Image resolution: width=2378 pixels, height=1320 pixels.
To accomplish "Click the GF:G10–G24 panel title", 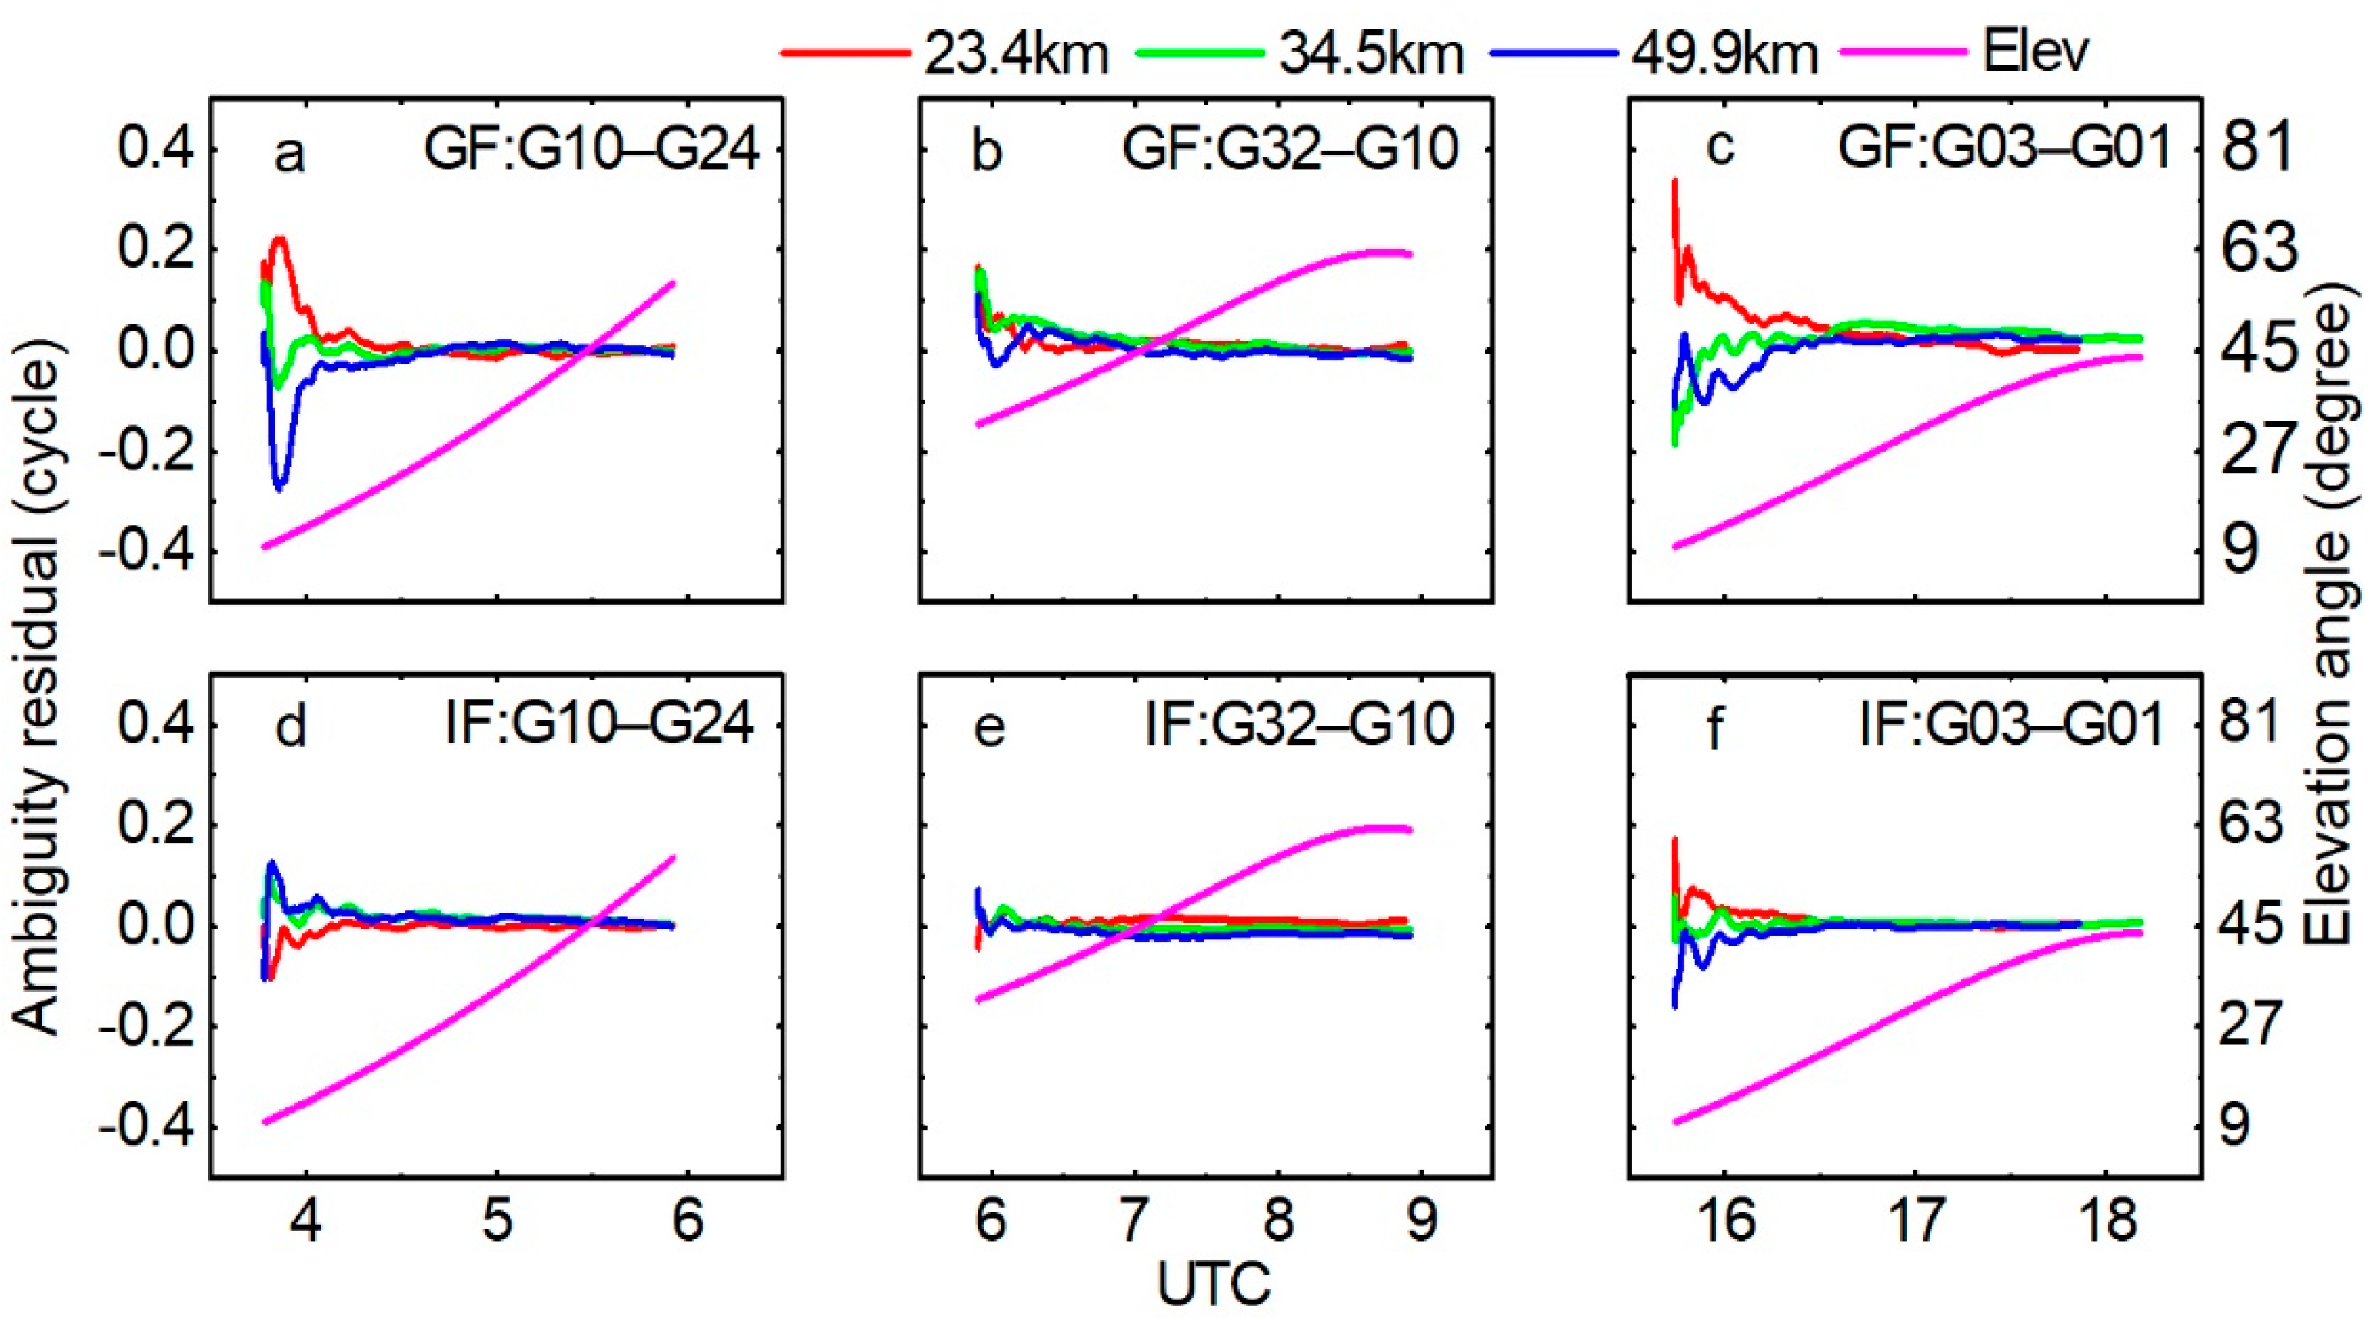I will click(591, 151).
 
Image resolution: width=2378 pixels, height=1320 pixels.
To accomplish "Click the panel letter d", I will click(291, 727).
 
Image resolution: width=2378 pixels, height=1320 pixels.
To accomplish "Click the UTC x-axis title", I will click(1213, 1283).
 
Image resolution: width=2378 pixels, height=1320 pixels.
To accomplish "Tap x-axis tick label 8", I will click(1277, 1220).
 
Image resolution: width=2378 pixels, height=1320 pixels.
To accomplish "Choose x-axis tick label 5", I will click(498, 1220).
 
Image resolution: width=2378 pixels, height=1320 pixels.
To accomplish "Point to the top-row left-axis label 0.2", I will click(156, 251).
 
